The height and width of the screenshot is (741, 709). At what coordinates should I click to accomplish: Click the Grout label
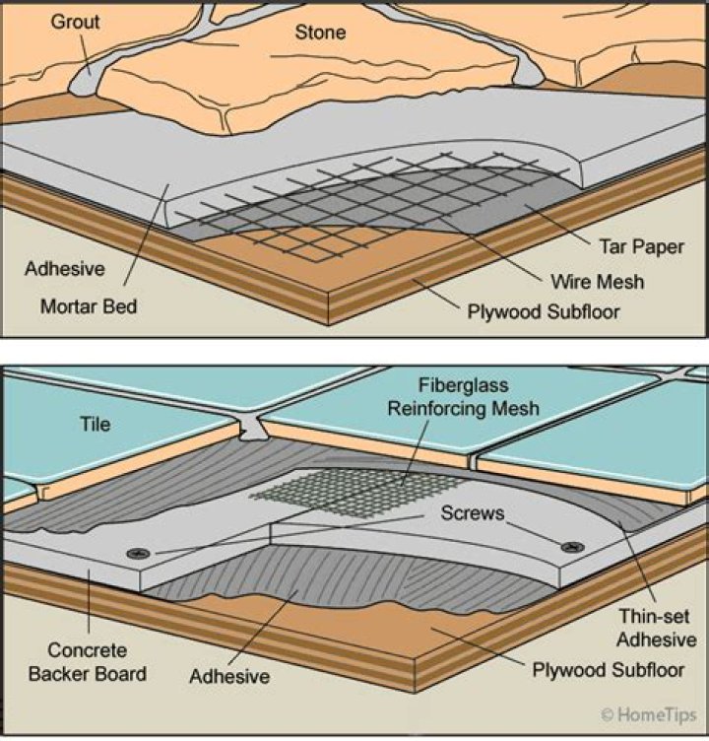point(75,21)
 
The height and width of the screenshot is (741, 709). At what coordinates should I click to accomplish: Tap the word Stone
point(321,33)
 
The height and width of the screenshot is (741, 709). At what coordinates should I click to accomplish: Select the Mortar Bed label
point(89,305)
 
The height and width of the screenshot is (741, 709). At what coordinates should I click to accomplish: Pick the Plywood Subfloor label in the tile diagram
point(602,671)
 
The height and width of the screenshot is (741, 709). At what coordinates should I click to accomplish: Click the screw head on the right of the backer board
point(565,546)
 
